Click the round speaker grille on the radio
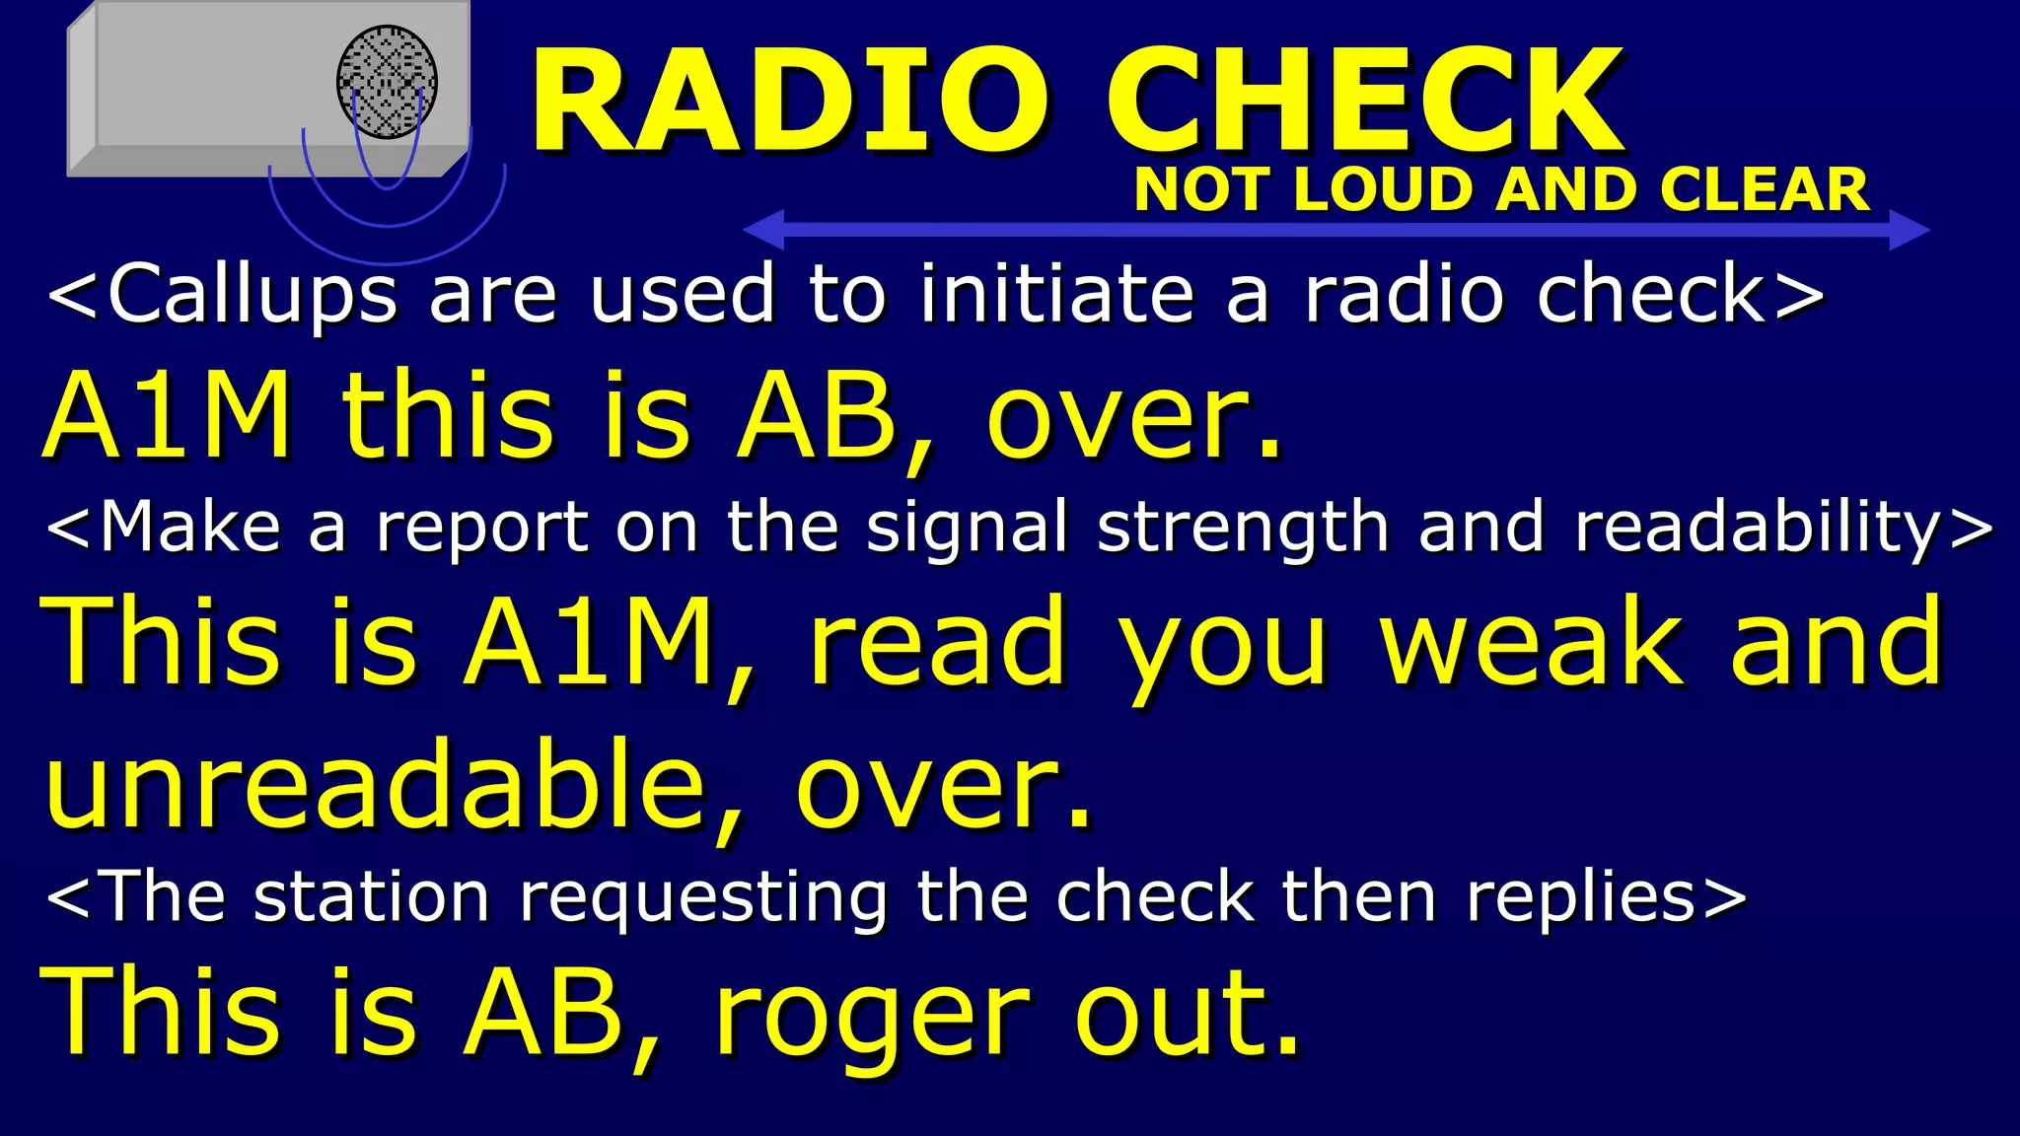387,82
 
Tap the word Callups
252,295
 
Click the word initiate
1056,295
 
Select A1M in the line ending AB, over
168,414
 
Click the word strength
1244,528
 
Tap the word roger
872,1016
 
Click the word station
371,898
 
